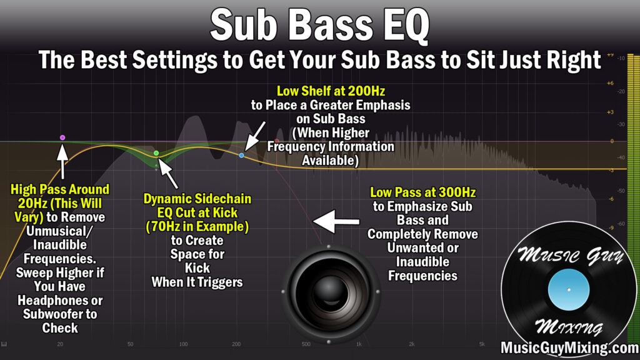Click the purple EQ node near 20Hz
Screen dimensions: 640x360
(x=62, y=137)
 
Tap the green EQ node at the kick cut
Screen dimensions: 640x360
(x=156, y=153)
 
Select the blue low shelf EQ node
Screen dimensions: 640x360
(x=242, y=156)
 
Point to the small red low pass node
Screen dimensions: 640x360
(x=277, y=141)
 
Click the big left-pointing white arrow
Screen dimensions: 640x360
(x=336, y=222)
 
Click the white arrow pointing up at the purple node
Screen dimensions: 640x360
(x=62, y=161)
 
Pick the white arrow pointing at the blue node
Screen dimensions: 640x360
(x=255, y=136)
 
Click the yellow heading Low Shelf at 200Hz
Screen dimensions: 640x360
(x=331, y=91)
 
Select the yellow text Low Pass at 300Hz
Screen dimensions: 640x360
(x=423, y=192)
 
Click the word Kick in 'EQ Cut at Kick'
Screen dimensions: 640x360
(x=225, y=212)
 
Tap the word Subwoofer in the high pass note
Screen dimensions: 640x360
(x=60, y=314)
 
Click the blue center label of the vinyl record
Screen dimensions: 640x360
(x=569, y=289)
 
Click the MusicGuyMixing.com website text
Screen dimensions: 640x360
(x=570, y=347)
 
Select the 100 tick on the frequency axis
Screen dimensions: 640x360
(x=183, y=344)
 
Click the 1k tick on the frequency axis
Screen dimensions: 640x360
(x=359, y=344)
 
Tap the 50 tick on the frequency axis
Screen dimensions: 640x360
(x=130, y=344)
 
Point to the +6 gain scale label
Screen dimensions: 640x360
(x=610, y=83)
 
